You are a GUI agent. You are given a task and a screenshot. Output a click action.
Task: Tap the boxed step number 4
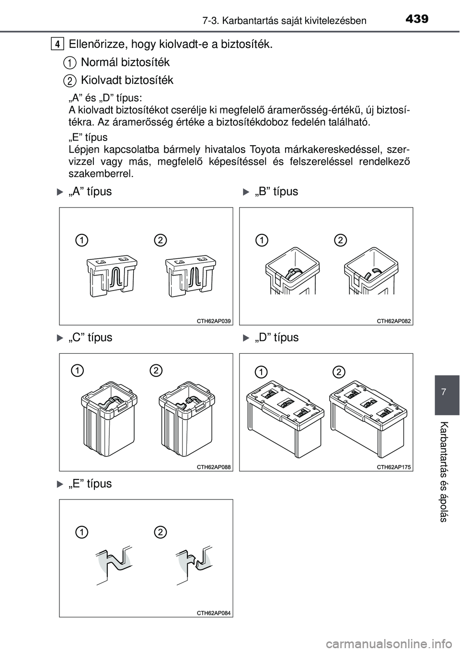pos(57,45)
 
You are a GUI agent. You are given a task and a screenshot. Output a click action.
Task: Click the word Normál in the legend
pos(98,62)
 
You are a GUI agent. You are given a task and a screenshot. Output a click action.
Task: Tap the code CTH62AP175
pos(394,466)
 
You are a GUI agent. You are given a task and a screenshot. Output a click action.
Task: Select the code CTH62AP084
pos(214,613)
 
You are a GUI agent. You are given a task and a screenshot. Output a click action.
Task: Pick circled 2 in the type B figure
pos(340,239)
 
